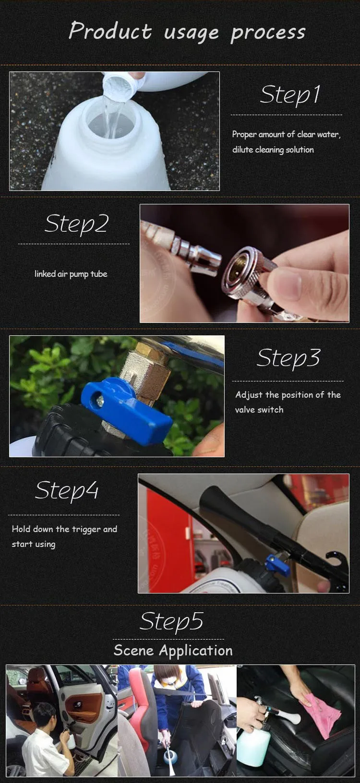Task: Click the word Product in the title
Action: pos(110,30)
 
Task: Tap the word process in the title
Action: pos(268,33)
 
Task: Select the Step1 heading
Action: pos(290,95)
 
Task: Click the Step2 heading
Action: pos(77,224)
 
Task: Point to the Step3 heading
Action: pos(288,359)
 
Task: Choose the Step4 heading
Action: pos(67,491)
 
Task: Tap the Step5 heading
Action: pos(171,622)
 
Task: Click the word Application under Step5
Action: pos(196,651)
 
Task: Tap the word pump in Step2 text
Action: pos(79,274)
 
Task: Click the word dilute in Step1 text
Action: pos(243,150)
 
